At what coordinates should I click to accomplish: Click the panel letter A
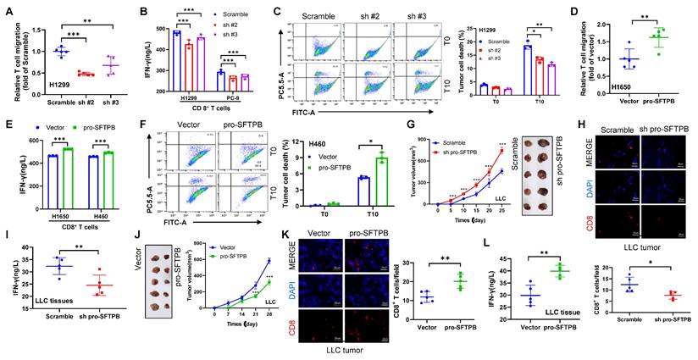[8, 9]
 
